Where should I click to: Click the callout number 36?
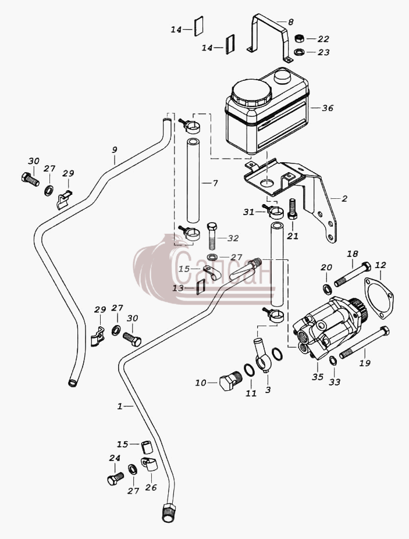(x=328, y=108)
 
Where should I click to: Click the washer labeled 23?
(x=299, y=52)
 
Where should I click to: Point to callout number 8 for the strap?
(x=291, y=22)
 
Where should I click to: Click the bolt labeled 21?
(x=291, y=209)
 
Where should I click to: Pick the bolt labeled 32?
(x=212, y=236)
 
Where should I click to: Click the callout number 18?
(x=352, y=254)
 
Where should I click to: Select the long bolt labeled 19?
(x=365, y=342)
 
